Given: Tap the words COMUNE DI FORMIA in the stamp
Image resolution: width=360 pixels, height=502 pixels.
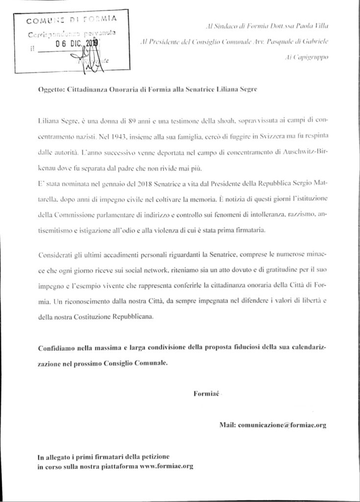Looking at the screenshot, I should point(71,20).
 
